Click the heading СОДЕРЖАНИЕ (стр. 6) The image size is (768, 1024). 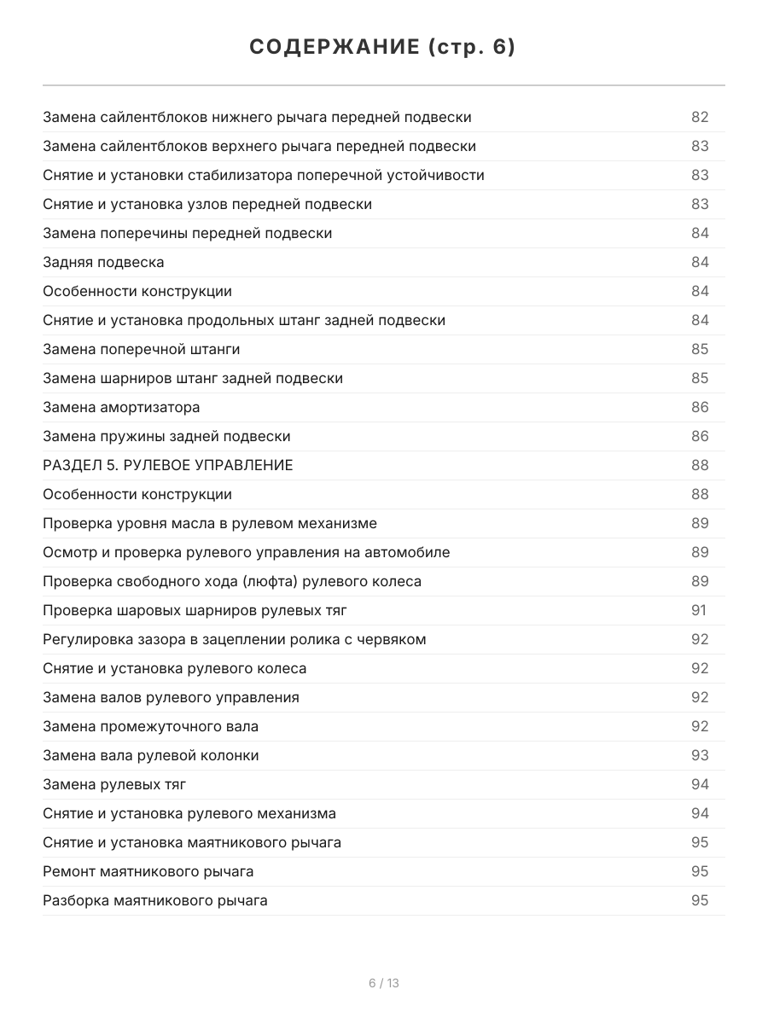pyautogui.click(x=383, y=48)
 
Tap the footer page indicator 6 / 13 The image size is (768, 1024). pyautogui.click(x=384, y=983)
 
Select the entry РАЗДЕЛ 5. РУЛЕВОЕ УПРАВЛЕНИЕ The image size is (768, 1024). pyautogui.click(x=168, y=465)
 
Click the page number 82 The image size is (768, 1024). pyautogui.click(x=700, y=117)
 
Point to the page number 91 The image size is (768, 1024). pyautogui.click(x=699, y=610)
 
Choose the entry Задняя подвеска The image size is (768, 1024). pyautogui.click(x=103, y=262)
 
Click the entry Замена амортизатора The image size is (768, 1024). pyautogui.click(x=121, y=407)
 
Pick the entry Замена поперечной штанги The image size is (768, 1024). pyautogui.click(x=141, y=349)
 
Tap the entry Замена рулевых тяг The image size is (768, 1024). pyautogui.click(x=114, y=784)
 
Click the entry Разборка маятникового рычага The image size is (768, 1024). pyautogui.click(x=154, y=900)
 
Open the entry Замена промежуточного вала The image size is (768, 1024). pyautogui.click(x=150, y=726)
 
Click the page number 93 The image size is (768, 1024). pyautogui.click(x=700, y=755)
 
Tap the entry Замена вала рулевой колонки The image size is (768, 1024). pyautogui.click(x=150, y=755)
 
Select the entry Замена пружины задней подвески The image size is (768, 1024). pyautogui.click(x=166, y=436)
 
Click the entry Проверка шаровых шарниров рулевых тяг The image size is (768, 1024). pyautogui.click(x=195, y=610)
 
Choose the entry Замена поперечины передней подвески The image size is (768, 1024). pyautogui.click(x=187, y=233)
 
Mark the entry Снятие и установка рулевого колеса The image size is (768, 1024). pyautogui.click(x=174, y=668)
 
